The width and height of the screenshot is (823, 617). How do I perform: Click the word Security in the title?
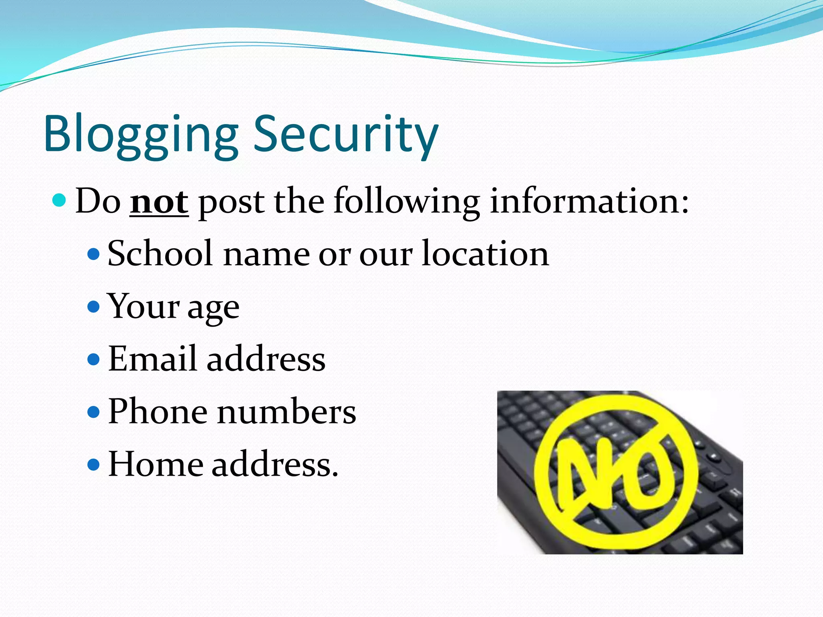coord(346,135)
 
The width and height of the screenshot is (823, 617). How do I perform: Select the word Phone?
coord(158,411)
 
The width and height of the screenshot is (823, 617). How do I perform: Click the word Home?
coord(156,464)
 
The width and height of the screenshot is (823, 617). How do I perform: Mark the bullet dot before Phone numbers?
coord(93,412)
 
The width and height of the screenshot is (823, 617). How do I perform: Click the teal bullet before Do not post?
coord(59,200)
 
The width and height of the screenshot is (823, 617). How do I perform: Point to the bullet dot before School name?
coord(93,254)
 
